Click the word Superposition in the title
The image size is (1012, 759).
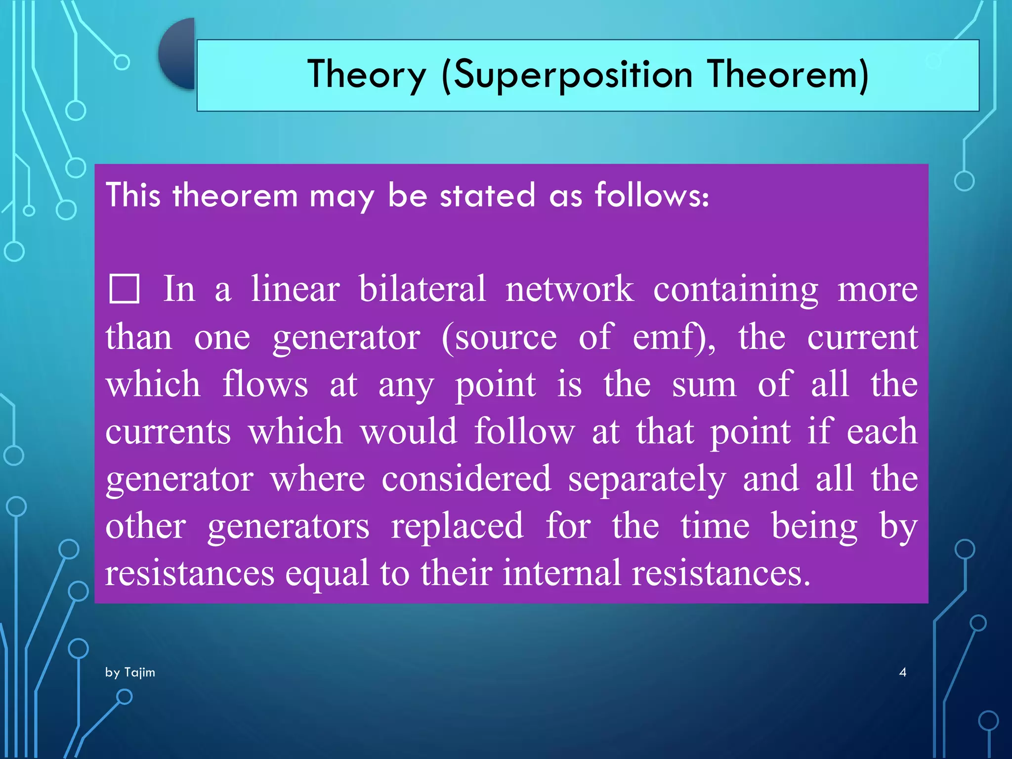573,75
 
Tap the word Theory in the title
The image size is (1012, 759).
366,75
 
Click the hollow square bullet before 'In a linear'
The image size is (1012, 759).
124,289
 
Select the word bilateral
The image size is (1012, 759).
422,289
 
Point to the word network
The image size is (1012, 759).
569,289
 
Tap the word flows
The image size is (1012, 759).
265,384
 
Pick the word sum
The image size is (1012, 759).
704,384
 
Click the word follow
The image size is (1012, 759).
525,431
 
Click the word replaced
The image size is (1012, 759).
457,526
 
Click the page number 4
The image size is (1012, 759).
902,672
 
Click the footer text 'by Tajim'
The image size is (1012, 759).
130,672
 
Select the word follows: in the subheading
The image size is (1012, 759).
652,195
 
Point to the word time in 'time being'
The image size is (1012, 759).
715,526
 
